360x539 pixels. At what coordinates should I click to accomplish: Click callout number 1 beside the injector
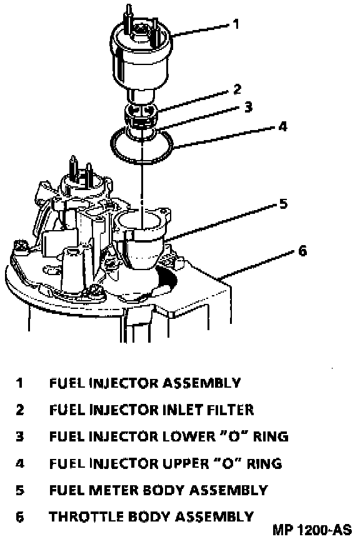(x=235, y=24)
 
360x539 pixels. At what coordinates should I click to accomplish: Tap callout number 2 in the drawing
(x=237, y=89)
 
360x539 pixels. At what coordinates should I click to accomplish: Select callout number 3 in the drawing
(x=248, y=107)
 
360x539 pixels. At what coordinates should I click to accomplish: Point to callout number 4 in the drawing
(x=282, y=126)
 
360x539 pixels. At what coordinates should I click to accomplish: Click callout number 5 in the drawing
(x=282, y=203)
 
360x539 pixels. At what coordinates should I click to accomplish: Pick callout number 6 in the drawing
(x=302, y=251)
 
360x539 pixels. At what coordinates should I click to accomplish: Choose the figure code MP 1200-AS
(x=312, y=530)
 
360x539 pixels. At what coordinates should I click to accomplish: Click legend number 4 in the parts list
(x=20, y=463)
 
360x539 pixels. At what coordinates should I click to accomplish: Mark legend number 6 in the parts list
(x=20, y=517)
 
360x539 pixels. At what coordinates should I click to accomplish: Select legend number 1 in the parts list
(x=19, y=383)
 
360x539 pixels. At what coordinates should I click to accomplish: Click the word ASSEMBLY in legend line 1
(x=201, y=383)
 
